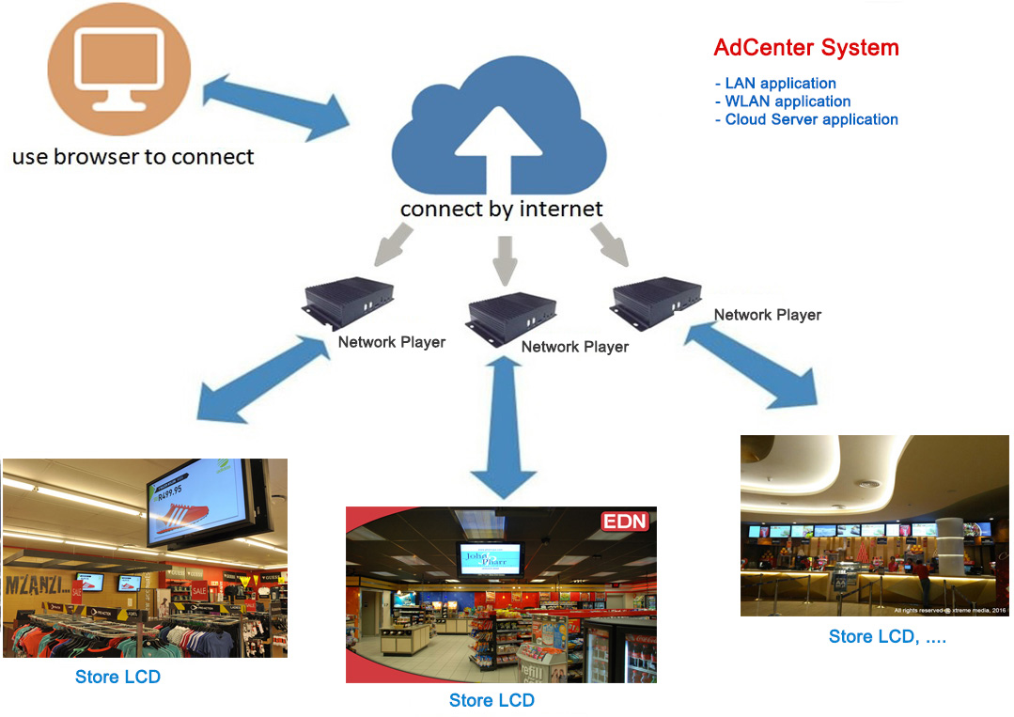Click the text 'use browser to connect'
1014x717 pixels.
click(x=133, y=156)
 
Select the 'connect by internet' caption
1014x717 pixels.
click(x=501, y=208)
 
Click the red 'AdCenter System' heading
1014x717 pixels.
click(x=806, y=48)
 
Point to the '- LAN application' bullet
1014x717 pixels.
click(x=775, y=84)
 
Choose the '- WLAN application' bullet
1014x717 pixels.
click(x=783, y=101)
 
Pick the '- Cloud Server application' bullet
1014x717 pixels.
click(x=806, y=119)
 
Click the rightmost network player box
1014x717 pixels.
click(x=656, y=296)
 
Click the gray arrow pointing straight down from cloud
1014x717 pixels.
click(x=505, y=258)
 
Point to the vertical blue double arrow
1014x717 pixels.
click(x=506, y=428)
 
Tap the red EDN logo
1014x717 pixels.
click(x=625, y=522)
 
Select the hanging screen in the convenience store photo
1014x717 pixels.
click(x=487, y=563)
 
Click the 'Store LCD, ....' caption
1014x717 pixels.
click(x=887, y=636)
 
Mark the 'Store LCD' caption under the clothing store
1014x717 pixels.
click(x=117, y=677)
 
